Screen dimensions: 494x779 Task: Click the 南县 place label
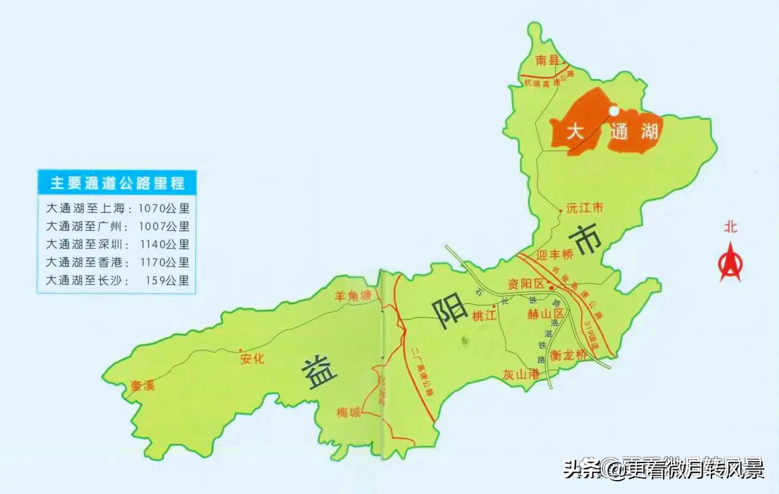(548, 61)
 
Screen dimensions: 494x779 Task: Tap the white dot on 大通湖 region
(613, 111)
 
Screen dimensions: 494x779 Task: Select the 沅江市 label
(585, 207)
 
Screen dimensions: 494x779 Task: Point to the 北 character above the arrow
(731, 227)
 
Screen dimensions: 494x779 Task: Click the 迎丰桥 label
(554, 255)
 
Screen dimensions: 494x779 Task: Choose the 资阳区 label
(525, 284)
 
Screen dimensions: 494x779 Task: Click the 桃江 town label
(484, 316)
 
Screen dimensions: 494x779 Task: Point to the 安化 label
(252, 359)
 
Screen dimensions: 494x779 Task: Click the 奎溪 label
(142, 385)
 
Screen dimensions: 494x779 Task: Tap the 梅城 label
(348, 413)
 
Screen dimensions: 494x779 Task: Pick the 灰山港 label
(521, 374)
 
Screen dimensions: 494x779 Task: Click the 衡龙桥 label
(568, 355)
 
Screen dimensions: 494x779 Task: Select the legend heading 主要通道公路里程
(118, 183)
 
